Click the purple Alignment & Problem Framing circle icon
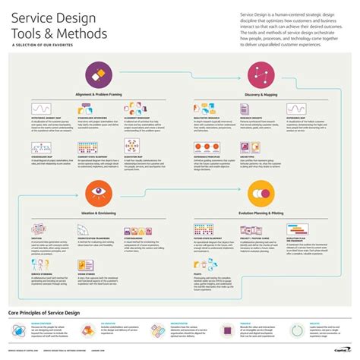tap(96, 74)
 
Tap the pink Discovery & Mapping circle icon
tap(261, 74)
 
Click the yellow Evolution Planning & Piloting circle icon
tap(261, 192)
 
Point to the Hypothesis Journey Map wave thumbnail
tap(42, 109)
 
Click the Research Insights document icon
tap(249, 109)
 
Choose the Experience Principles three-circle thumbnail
tap(205, 146)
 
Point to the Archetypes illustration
tap(249, 146)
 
